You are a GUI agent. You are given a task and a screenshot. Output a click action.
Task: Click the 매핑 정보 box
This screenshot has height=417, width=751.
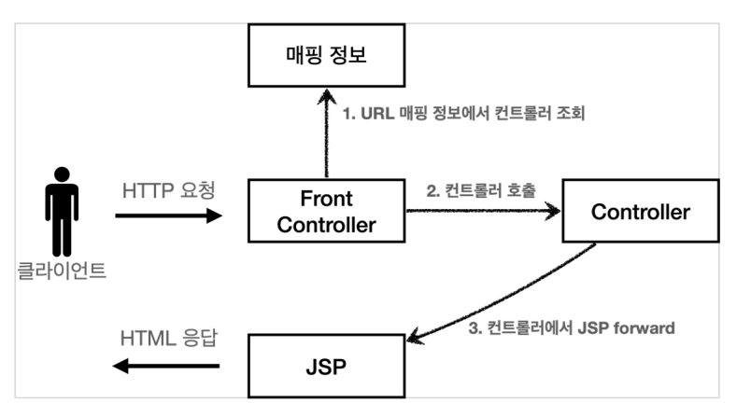click(326, 58)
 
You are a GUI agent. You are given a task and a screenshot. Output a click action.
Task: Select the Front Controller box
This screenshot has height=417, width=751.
click(326, 213)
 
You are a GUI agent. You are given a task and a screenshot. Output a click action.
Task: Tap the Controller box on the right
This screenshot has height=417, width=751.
click(640, 213)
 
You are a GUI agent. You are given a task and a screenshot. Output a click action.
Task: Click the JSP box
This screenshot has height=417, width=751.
click(326, 367)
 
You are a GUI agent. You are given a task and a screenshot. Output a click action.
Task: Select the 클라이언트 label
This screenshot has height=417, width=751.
click(62, 273)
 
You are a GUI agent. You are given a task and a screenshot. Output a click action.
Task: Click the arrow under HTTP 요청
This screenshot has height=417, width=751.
click(168, 215)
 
